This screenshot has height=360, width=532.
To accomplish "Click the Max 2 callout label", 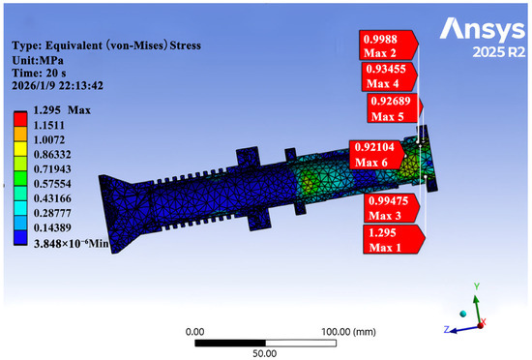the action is [x=389, y=45].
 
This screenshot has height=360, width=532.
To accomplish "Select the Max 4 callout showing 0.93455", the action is [x=389, y=76].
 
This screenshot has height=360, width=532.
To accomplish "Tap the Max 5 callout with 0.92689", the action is [x=395, y=108].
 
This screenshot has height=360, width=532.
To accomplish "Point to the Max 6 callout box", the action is [x=377, y=155].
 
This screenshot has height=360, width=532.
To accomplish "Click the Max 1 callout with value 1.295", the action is [x=394, y=240].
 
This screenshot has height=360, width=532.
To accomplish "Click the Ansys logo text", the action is [x=482, y=31].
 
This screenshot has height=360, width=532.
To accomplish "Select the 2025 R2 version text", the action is [x=499, y=52].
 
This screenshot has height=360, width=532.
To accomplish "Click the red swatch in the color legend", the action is [x=20, y=120].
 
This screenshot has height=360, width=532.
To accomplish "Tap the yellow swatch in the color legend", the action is [x=20, y=149].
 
